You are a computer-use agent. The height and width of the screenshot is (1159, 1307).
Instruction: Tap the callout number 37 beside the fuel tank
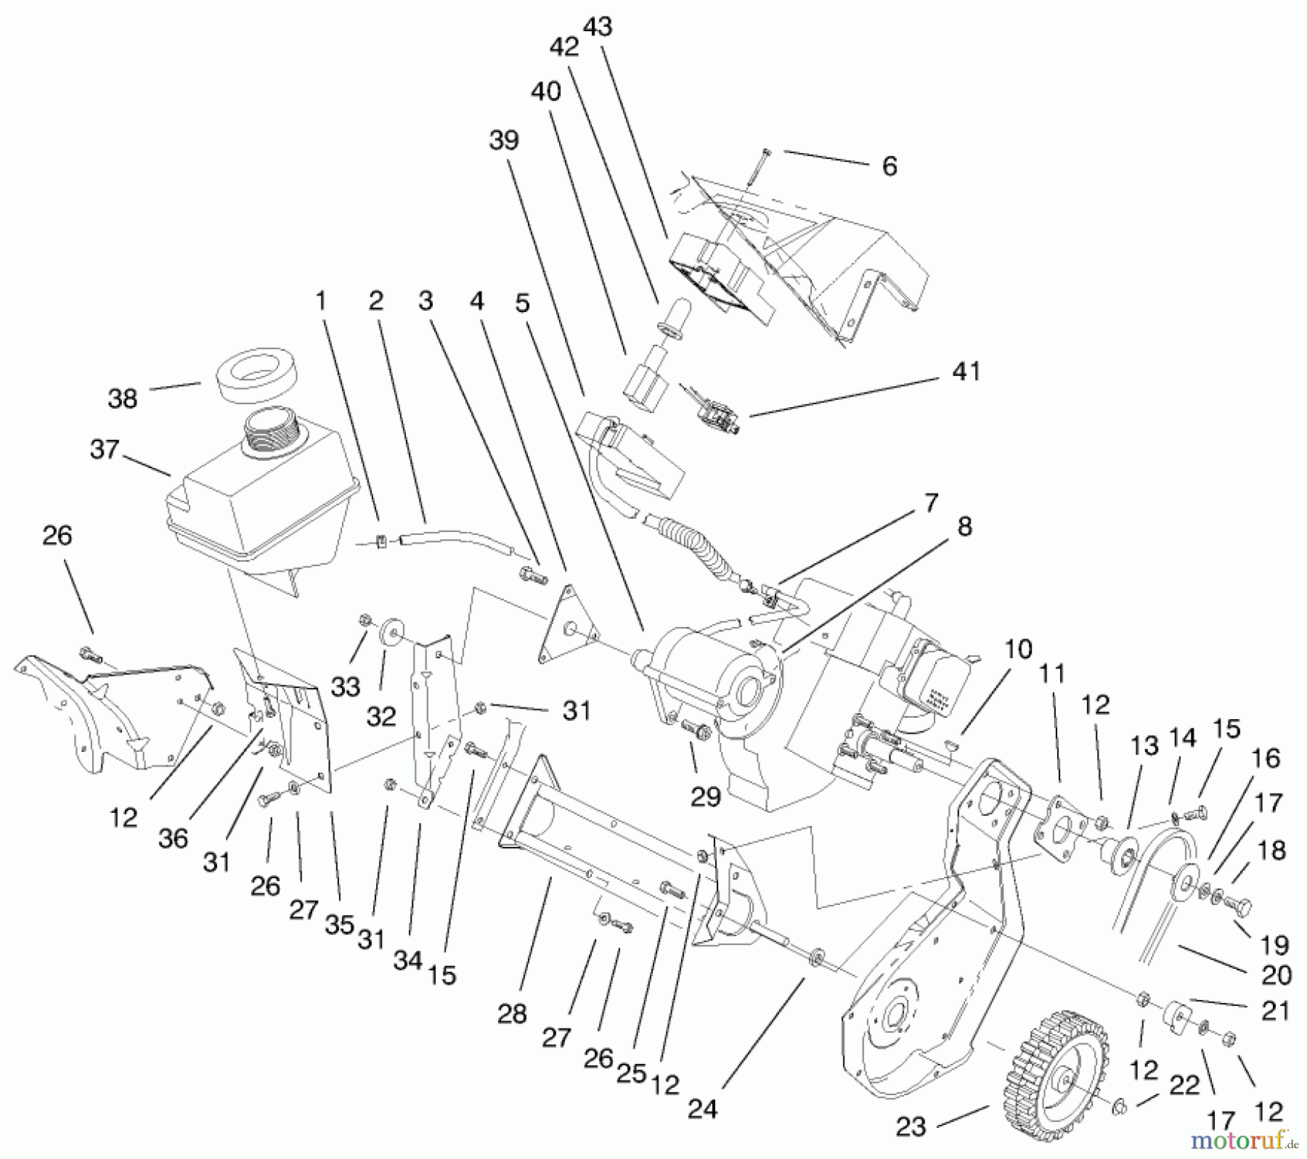tap(105, 449)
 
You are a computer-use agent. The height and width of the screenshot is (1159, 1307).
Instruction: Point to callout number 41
tap(966, 371)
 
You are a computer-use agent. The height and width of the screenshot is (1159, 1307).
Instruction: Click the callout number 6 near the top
tap(889, 166)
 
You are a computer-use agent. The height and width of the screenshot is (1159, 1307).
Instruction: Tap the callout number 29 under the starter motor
tap(704, 796)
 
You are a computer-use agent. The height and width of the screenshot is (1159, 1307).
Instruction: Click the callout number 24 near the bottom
tap(701, 1108)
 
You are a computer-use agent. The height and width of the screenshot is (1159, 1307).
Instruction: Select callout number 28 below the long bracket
tap(511, 1014)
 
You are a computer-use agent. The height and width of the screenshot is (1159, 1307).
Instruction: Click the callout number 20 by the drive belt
tap(1276, 975)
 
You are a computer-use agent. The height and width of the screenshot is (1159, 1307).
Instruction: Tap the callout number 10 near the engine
tap(1018, 649)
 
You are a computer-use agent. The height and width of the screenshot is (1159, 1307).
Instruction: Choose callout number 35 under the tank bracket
tap(339, 925)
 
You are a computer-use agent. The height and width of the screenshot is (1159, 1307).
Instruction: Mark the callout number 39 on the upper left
tap(504, 139)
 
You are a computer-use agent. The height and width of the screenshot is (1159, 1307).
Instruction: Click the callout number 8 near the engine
tap(964, 527)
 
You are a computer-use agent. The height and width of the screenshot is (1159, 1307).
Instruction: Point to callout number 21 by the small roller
tap(1275, 1010)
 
